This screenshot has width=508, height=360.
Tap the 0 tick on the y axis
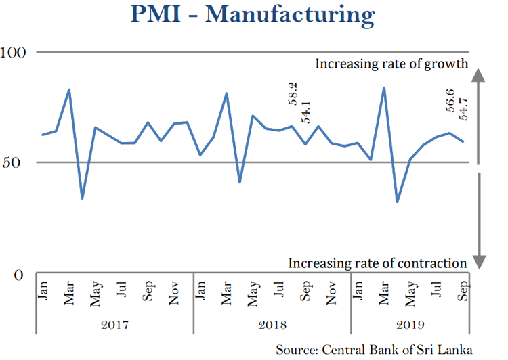click(18, 275)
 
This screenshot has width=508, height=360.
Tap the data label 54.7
click(464, 108)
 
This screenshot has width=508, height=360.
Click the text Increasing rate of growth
click(392, 65)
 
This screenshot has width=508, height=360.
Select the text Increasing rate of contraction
click(378, 263)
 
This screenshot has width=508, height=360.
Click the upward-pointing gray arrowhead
click(478, 76)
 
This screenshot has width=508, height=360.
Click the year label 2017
click(114, 325)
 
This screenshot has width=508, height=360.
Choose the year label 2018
click(272, 325)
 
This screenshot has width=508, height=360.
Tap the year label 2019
click(410, 325)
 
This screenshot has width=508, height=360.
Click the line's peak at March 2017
click(69, 89)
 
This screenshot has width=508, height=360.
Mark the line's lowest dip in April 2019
click(398, 202)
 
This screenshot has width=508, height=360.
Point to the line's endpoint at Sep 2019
click(463, 141)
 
